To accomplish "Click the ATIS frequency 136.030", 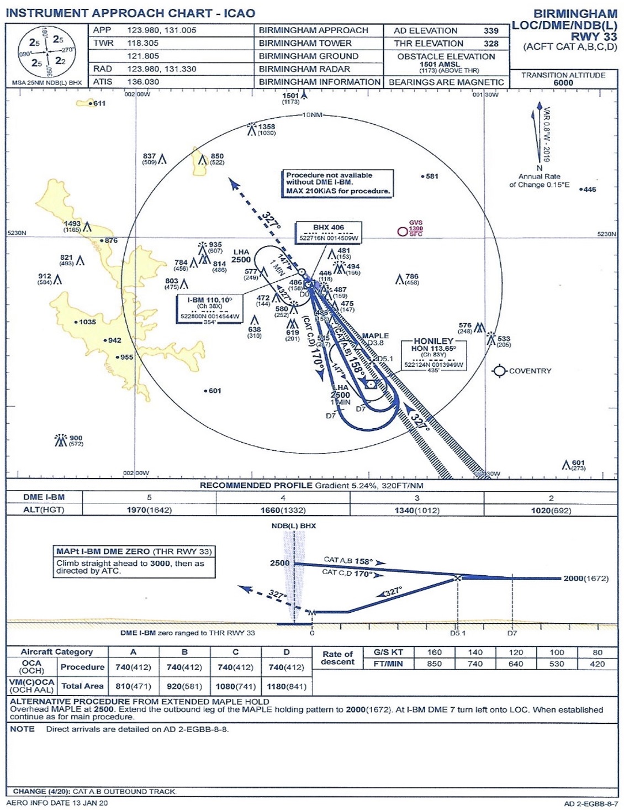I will click(x=143, y=82).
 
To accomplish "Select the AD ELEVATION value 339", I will click(x=490, y=31).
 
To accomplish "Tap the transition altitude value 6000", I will click(x=563, y=83).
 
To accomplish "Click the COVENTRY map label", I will click(x=530, y=371).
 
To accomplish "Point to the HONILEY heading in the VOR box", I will click(x=433, y=341).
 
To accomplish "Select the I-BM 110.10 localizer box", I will click(x=210, y=308).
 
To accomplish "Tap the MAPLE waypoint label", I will click(x=376, y=336).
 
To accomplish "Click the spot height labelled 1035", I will click(x=87, y=322).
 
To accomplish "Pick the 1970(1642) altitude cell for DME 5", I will click(x=149, y=511).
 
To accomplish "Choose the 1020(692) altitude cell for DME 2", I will click(x=551, y=511).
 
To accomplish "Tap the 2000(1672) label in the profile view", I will click(x=585, y=578).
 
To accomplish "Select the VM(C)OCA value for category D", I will click(x=286, y=686).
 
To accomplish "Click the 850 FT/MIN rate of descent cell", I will click(x=435, y=664).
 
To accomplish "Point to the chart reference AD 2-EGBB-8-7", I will click(x=590, y=804).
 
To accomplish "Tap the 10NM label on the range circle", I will click(x=312, y=115).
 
